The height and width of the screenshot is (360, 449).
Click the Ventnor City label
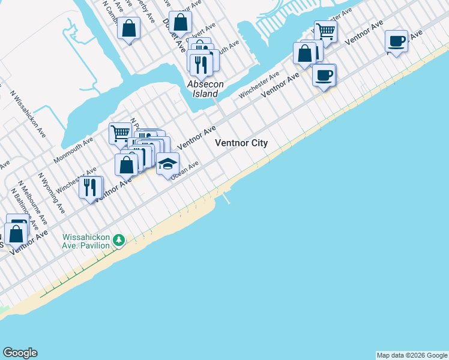(x=241, y=143)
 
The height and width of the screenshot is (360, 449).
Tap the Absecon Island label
(x=205, y=89)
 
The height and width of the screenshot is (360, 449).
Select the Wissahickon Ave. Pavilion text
(x=86, y=241)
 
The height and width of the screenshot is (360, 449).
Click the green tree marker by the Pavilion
(x=119, y=240)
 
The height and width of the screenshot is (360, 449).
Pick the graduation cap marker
(x=167, y=164)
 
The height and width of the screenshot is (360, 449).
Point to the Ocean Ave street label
(x=184, y=171)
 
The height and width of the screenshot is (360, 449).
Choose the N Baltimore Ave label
(x=21, y=209)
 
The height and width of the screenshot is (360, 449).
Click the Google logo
(x=20, y=353)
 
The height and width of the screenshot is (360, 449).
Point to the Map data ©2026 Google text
(x=412, y=355)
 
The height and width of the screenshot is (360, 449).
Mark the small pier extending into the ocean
(x=226, y=197)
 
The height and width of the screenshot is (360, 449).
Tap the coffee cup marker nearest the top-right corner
(x=396, y=41)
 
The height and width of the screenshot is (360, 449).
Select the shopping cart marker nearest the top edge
(x=325, y=31)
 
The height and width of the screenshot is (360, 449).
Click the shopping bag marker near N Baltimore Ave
(x=16, y=234)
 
